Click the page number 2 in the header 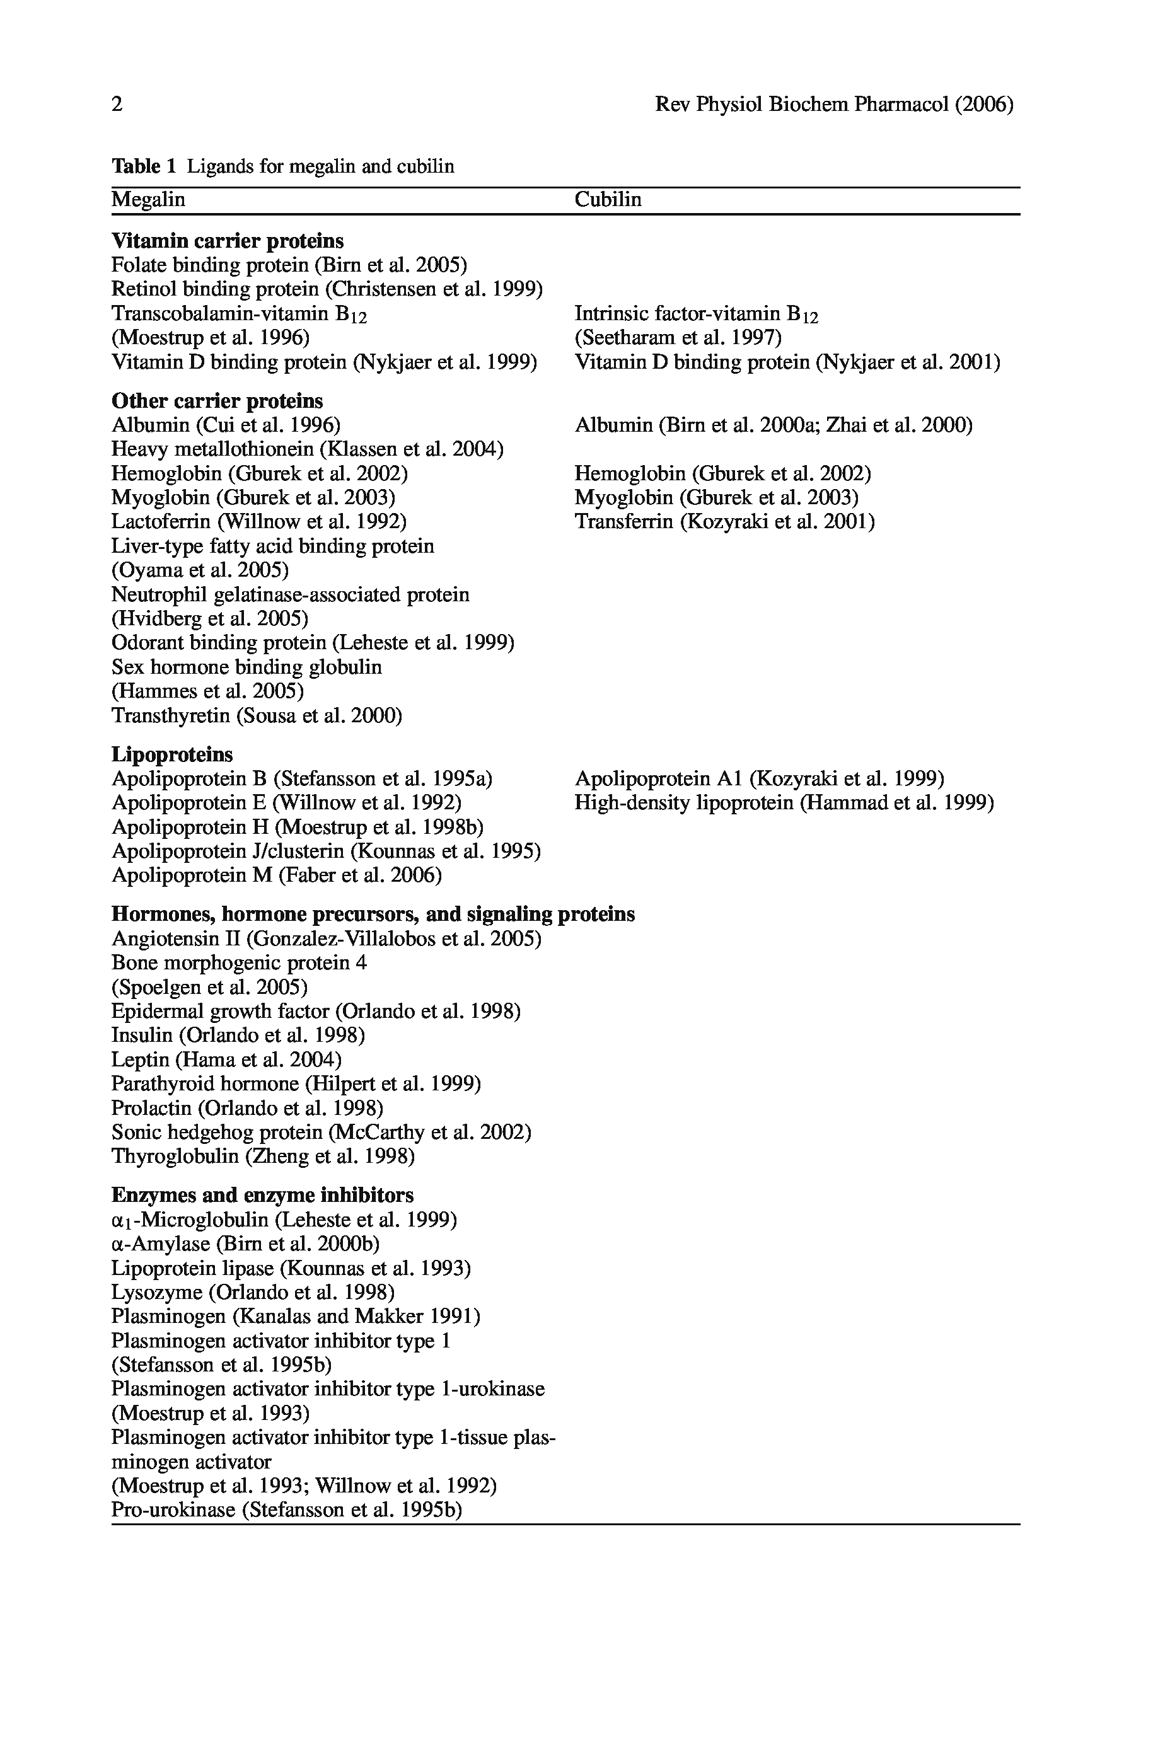click(117, 105)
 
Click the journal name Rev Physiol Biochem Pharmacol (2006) click(833, 105)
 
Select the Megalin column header click(149, 200)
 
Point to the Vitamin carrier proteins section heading click(227, 241)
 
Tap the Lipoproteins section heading click(172, 754)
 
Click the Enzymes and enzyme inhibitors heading click(262, 1194)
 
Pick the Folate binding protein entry click(289, 265)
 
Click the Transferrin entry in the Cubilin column click(724, 522)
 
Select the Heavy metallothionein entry click(308, 449)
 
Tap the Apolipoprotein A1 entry click(759, 778)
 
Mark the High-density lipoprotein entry click(784, 803)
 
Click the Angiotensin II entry click(327, 939)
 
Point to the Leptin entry click(226, 1059)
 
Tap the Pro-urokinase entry click(287, 1510)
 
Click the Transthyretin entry click(257, 715)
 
